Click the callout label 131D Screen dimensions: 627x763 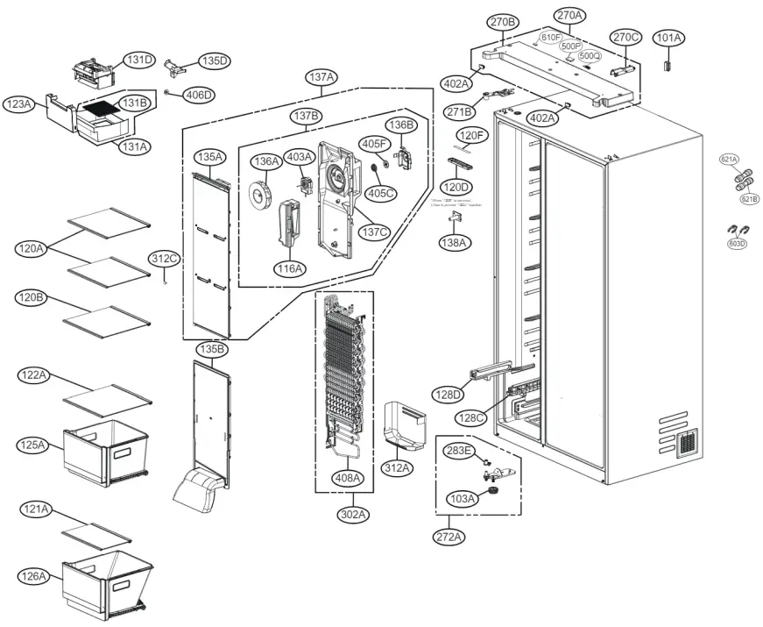138,60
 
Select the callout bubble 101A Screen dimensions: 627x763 669,38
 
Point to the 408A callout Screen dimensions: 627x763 348,478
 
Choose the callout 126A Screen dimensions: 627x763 34,575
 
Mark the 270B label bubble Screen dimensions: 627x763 503,22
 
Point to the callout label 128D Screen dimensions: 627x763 447,395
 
